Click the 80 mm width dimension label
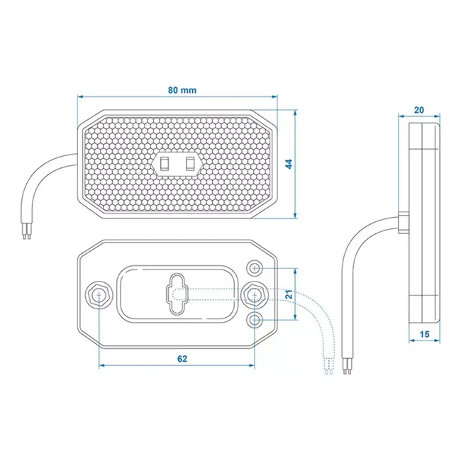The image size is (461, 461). pos(182,90)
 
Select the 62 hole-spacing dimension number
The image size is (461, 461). pos(182,359)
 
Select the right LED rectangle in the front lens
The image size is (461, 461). pos(189,164)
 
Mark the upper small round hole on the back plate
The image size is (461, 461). pos(255,268)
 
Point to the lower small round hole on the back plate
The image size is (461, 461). pos(255,321)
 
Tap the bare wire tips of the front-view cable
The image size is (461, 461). pos(28,233)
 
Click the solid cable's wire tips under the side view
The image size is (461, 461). pos(347,366)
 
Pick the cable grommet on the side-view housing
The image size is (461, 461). pos(402,221)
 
